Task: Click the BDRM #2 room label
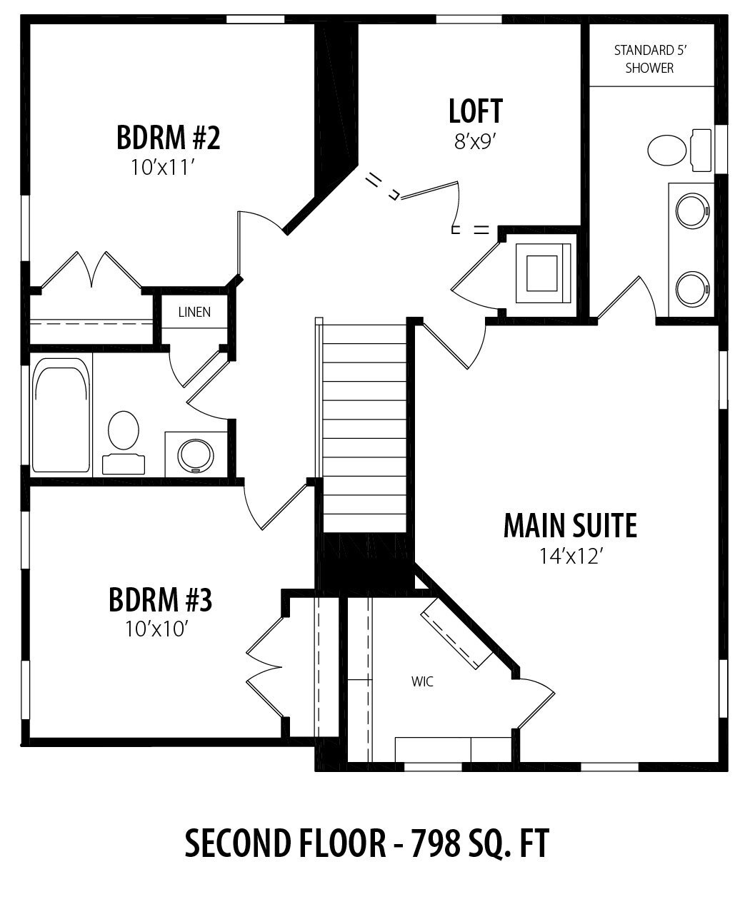coord(169,137)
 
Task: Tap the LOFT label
coord(476,111)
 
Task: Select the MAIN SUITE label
coord(570,526)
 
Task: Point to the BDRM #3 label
coord(160,600)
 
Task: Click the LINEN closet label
coord(194,312)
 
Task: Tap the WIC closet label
coord(422,681)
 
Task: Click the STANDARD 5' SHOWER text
coord(649,59)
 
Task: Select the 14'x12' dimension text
coord(569,557)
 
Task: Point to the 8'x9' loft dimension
coord(476,141)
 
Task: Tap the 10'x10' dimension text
coord(157,629)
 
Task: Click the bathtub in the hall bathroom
coord(62,415)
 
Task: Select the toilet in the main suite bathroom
coord(679,150)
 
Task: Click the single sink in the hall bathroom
coord(196,456)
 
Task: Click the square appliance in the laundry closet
coord(543,273)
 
